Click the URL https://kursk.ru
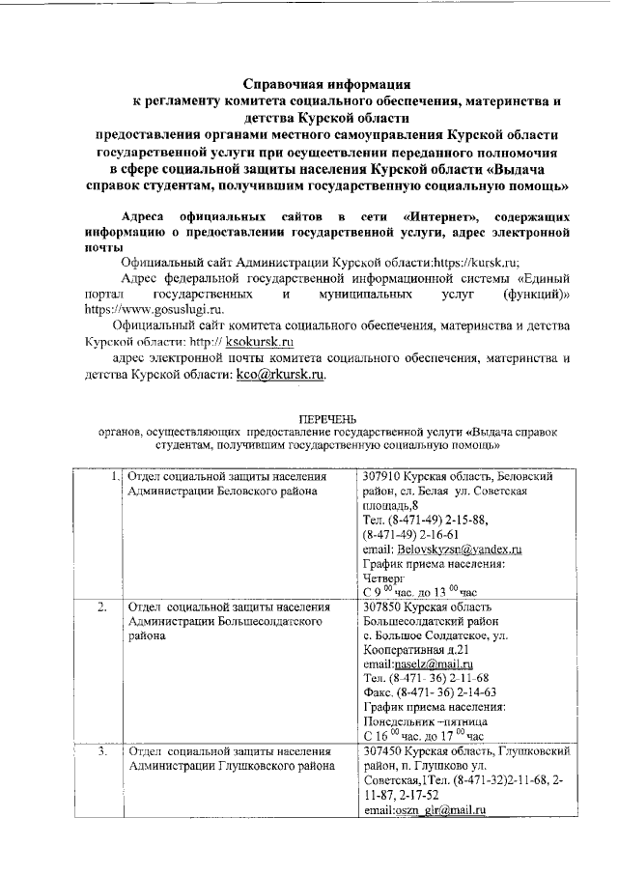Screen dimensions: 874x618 (x=469, y=262)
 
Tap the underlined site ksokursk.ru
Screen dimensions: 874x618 (x=260, y=341)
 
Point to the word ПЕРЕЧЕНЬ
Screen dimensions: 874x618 (x=326, y=418)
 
